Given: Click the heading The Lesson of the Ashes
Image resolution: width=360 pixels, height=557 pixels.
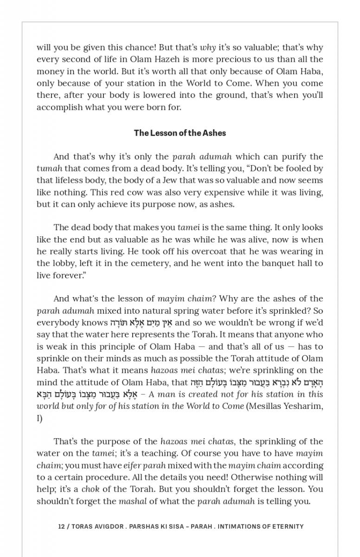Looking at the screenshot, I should (x=180, y=133).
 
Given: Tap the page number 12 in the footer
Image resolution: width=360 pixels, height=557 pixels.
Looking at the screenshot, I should (x=61, y=526).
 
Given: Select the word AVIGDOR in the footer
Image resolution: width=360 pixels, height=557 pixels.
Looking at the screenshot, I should (x=113, y=526).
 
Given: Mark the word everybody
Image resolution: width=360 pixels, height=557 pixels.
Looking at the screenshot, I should (x=58, y=323).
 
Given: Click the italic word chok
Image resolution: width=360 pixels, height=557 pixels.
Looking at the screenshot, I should (x=90, y=489).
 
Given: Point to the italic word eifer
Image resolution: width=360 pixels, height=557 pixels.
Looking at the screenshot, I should (x=134, y=465).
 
